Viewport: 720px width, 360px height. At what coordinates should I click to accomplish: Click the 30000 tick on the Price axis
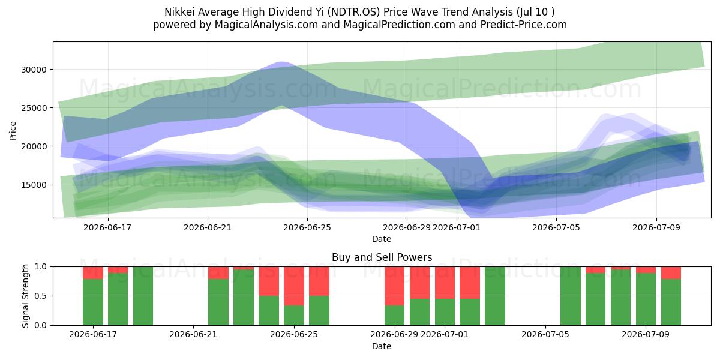tap(34, 70)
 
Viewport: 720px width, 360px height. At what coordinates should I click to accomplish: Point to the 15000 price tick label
tap(34, 185)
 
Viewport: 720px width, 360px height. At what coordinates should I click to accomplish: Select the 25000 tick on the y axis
tap(34, 109)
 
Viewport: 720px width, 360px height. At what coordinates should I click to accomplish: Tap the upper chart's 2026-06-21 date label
tap(208, 227)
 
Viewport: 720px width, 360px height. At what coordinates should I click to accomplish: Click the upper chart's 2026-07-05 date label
tap(556, 227)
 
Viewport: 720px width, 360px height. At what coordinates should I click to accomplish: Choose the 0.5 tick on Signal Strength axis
tap(41, 296)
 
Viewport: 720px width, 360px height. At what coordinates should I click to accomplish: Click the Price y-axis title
tap(13, 131)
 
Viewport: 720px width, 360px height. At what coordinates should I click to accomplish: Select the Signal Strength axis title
tap(25, 296)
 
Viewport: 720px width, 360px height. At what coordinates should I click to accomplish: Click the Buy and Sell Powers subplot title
tap(382, 257)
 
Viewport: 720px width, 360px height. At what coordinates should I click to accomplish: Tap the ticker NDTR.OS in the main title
tap(354, 12)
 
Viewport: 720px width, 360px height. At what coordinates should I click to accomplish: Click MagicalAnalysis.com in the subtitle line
tap(266, 25)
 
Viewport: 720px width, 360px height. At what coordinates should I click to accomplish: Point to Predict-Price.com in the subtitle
tap(524, 25)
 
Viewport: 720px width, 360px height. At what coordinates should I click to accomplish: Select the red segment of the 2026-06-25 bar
tap(294, 286)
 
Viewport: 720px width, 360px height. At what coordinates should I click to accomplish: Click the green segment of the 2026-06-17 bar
tap(93, 302)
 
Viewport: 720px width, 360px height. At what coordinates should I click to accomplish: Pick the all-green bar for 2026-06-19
tap(143, 296)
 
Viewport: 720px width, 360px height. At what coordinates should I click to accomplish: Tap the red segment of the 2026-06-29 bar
tap(395, 286)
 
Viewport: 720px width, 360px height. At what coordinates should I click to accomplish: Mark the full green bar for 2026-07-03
tap(495, 296)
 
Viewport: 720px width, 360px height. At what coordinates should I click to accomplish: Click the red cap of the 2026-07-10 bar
tap(671, 273)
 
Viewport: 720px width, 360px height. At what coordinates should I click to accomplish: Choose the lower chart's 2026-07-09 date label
tap(646, 334)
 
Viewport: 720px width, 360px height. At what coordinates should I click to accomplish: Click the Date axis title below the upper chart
tap(382, 239)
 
